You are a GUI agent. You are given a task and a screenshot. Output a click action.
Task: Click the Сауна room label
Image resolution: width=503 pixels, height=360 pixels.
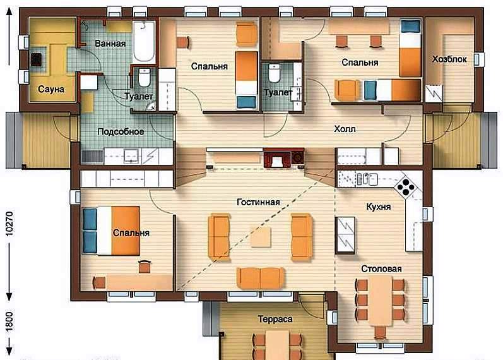(51, 89)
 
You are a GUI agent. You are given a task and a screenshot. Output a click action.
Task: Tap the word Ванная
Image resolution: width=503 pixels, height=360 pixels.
(110, 44)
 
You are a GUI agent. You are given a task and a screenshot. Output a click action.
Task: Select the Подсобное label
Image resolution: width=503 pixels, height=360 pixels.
(121, 131)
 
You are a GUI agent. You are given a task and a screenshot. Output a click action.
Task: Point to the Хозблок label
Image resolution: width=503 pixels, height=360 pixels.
(449, 59)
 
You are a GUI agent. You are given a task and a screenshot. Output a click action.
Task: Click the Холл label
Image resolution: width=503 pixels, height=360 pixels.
(345, 129)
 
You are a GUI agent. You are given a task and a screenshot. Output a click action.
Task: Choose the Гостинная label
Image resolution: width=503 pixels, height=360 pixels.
(258, 202)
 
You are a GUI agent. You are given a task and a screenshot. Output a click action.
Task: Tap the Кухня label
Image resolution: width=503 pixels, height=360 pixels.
(379, 207)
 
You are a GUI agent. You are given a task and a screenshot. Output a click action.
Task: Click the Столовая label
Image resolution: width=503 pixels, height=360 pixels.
(381, 268)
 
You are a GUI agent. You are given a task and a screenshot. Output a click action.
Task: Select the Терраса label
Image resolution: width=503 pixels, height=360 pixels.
(275, 319)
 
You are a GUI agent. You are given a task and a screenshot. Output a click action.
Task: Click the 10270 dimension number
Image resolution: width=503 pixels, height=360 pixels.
(9, 224)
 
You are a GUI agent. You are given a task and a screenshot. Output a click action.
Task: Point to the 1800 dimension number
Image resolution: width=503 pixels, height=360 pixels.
(9, 321)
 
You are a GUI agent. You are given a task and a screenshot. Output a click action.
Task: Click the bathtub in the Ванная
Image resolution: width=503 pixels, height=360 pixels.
(144, 42)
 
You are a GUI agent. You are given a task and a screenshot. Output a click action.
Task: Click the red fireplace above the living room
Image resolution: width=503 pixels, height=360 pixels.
(277, 159)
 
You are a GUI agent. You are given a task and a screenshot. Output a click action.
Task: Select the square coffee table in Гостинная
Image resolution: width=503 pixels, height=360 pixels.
(261, 237)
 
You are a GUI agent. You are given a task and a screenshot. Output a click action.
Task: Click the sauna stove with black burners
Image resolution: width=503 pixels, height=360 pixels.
(36, 59)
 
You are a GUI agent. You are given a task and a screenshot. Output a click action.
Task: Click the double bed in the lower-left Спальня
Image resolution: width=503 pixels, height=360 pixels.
(111, 231)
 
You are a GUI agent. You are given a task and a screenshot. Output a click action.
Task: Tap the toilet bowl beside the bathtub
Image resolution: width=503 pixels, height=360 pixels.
(145, 78)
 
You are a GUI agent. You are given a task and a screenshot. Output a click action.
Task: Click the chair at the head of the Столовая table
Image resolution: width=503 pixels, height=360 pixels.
(380, 332)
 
